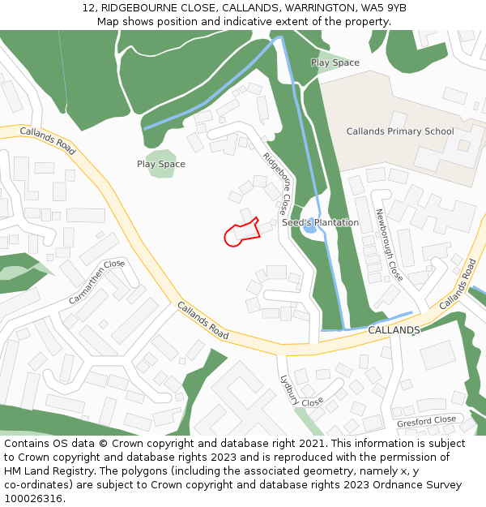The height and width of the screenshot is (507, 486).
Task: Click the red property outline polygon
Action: [242, 232]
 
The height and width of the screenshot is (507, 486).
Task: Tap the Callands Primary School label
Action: [400, 131]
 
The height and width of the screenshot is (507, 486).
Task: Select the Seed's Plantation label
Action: [320, 222]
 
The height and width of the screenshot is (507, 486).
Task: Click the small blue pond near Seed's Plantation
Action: [309, 229]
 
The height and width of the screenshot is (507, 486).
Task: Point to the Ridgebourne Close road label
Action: [278, 185]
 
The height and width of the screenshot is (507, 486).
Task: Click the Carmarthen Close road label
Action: [97, 281]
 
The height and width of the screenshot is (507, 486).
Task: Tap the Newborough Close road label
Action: [389, 244]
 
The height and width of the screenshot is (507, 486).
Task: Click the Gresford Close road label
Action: [426, 421]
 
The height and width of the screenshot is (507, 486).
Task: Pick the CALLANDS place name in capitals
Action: [394, 331]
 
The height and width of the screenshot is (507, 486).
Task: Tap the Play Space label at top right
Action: [335, 62]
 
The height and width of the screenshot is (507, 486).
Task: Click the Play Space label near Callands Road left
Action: [161, 164]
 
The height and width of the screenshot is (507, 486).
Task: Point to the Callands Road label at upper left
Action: [48, 140]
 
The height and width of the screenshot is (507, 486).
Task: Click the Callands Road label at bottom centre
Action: [202, 320]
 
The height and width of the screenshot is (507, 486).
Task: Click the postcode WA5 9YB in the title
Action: [381, 8]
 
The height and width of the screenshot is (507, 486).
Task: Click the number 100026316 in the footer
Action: [32, 499]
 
